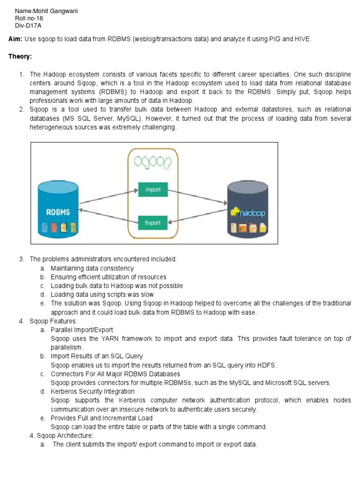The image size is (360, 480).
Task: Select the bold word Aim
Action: click(15, 39)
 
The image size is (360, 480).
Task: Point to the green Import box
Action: click(153, 189)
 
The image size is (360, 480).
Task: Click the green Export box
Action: click(153, 223)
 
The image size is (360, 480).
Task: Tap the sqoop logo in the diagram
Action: click(153, 162)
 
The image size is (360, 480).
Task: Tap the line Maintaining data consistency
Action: click(92, 268)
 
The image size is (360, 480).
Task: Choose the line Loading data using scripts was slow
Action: click(102, 294)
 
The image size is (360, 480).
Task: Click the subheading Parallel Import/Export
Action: click(82, 330)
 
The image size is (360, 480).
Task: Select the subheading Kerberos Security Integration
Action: click(92, 391)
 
